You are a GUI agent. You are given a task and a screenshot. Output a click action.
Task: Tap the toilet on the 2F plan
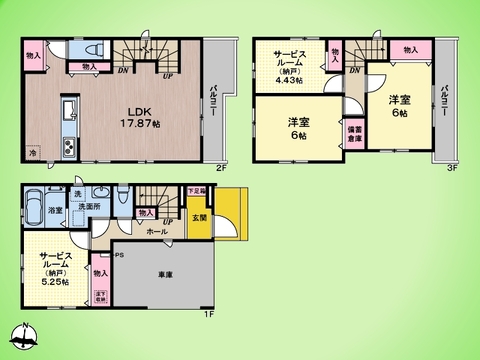click(x=92, y=51)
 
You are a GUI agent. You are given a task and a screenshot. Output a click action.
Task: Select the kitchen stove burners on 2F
click(x=68, y=149)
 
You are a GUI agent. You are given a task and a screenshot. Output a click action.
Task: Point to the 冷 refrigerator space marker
click(x=33, y=154)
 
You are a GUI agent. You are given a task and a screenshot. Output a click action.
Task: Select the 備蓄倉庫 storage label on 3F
click(x=355, y=133)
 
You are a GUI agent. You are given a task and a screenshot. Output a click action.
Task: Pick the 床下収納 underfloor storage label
click(x=100, y=295)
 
